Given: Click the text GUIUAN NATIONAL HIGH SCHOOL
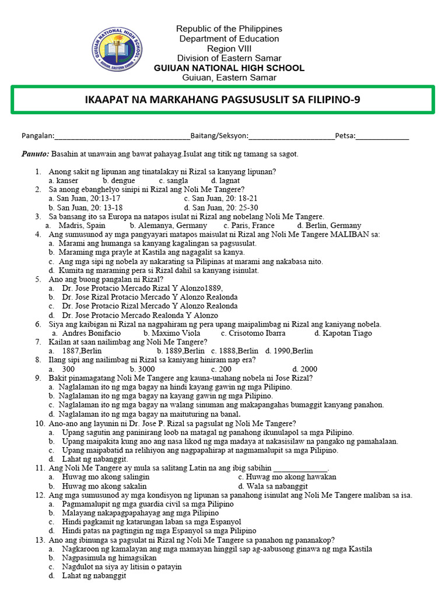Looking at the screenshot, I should pos(229,68).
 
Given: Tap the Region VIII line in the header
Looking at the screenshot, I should pos(229,48).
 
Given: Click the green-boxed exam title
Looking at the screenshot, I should pos(222,100).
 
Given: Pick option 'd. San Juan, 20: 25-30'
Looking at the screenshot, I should pos(221,208).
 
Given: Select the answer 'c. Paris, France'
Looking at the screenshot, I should pos(249,225).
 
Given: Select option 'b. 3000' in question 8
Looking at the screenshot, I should pos(142,369).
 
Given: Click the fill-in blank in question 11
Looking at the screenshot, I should pos(300,468).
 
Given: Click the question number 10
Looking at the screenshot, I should pos(40,423).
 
